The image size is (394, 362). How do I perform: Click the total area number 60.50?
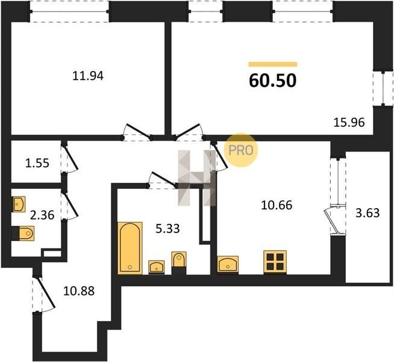click(273, 81)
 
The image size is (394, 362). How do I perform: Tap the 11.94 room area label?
click(88, 76)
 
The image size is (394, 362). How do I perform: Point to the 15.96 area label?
click(349, 122)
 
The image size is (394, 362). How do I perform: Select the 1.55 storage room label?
click(37, 164)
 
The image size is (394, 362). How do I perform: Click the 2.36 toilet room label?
click(42, 215)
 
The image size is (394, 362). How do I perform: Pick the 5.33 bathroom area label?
click(167, 229)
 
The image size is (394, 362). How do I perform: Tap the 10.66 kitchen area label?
click(277, 205)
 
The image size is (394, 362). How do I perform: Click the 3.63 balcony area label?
click(367, 213)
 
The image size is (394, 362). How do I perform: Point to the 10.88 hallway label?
click(79, 291)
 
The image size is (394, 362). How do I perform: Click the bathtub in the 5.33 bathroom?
click(130, 248)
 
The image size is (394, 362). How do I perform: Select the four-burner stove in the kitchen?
click(275, 262)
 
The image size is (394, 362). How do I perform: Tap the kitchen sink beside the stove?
click(228, 264)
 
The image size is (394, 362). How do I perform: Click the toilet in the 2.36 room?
click(23, 233)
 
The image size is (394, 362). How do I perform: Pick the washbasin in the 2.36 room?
click(19, 204)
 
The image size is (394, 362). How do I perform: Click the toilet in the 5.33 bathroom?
click(179, 263)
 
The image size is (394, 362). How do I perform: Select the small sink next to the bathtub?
click(157, 267)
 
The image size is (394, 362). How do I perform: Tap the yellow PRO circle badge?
click(241, 150)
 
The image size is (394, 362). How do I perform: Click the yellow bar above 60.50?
click(273, 64)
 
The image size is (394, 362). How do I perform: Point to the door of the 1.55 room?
click(70, 158)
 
